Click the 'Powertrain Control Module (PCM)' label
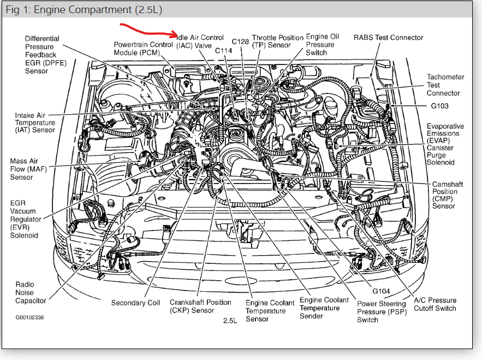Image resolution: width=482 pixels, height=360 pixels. [144, 49]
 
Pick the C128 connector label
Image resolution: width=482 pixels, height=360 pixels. [241, 42]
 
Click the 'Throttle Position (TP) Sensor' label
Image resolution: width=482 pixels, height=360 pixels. [278, 42]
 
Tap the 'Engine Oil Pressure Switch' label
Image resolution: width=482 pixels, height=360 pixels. [322, 44]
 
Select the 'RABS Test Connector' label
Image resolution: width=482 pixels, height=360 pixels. [389, 38]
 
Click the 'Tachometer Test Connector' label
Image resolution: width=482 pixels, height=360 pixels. [445, 85]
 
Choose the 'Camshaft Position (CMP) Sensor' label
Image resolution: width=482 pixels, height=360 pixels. [447, 195]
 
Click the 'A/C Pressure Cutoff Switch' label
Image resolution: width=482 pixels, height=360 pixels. [435, 304]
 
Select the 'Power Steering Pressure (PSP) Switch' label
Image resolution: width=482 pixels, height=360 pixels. [382, 311]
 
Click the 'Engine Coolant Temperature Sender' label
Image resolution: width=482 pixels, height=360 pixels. [324, 308]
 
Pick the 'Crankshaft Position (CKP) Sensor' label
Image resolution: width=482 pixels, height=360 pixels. [200, 306]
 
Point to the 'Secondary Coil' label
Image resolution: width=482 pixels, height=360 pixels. [135, 303]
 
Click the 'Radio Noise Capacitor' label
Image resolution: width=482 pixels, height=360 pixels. [31, 292]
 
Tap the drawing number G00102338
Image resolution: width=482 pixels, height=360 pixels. [29, 317]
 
